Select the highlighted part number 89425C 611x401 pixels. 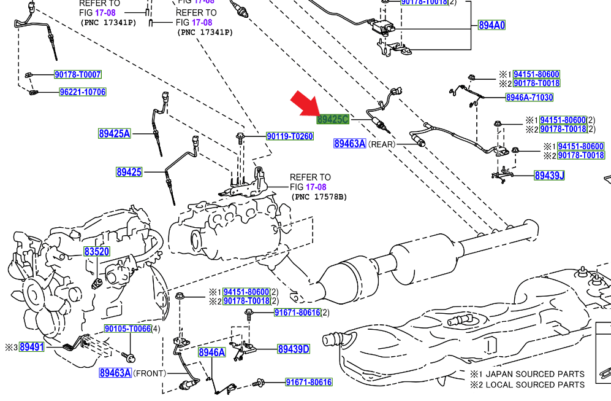click(x=333, y=119)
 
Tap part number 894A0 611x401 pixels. click(x=491, y=25)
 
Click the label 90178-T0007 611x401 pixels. click(x=78, y=75)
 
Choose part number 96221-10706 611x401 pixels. click(x=83, y=92)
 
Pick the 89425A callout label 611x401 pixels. click(x=115, y=133)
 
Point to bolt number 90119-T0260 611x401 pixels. click(x=289, y=136)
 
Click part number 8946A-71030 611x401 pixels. click(x=529, y=97)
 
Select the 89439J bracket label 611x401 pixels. click(x=549, y=176)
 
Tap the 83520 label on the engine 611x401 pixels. click(x=97, y=252)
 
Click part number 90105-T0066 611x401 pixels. click(x=127, y=329)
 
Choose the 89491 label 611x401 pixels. click(x=32, y=347)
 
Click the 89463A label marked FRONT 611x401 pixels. click(x=115, y=373)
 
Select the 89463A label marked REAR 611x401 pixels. click(x=350, y=144)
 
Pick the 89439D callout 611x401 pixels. click(x=294, y=349)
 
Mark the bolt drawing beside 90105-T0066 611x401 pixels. click(x=129, y=356)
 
